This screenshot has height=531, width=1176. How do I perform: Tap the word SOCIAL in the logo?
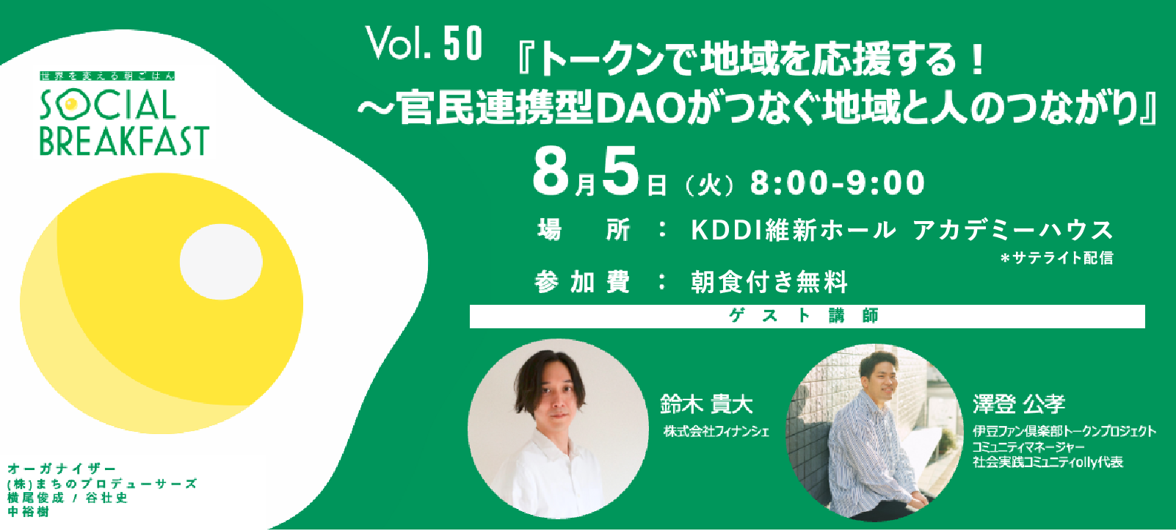coord(108,106)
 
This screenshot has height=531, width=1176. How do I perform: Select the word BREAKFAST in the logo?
coord(124,141)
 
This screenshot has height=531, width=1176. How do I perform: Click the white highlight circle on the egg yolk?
coord(221,262)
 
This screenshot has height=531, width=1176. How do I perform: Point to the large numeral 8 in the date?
coord(551,171)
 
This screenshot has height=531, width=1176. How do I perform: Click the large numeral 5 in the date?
coord(621,171)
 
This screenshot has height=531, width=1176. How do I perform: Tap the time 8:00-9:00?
coord(838,183)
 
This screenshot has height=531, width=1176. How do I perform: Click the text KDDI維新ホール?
coord(794,231)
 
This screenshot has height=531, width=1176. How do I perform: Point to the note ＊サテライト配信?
coord(1056,258)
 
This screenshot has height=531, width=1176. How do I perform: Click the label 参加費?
coord(582,282)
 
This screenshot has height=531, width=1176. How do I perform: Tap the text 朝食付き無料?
coord(769,282)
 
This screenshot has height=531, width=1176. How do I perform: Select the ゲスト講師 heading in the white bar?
coord(805,316)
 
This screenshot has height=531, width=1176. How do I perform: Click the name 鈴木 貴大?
coord(706,404)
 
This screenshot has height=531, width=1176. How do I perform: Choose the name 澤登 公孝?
coord(1019,404)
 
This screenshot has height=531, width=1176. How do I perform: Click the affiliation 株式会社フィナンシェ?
coord(716,431)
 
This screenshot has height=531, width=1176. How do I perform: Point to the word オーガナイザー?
coord(62,469)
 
